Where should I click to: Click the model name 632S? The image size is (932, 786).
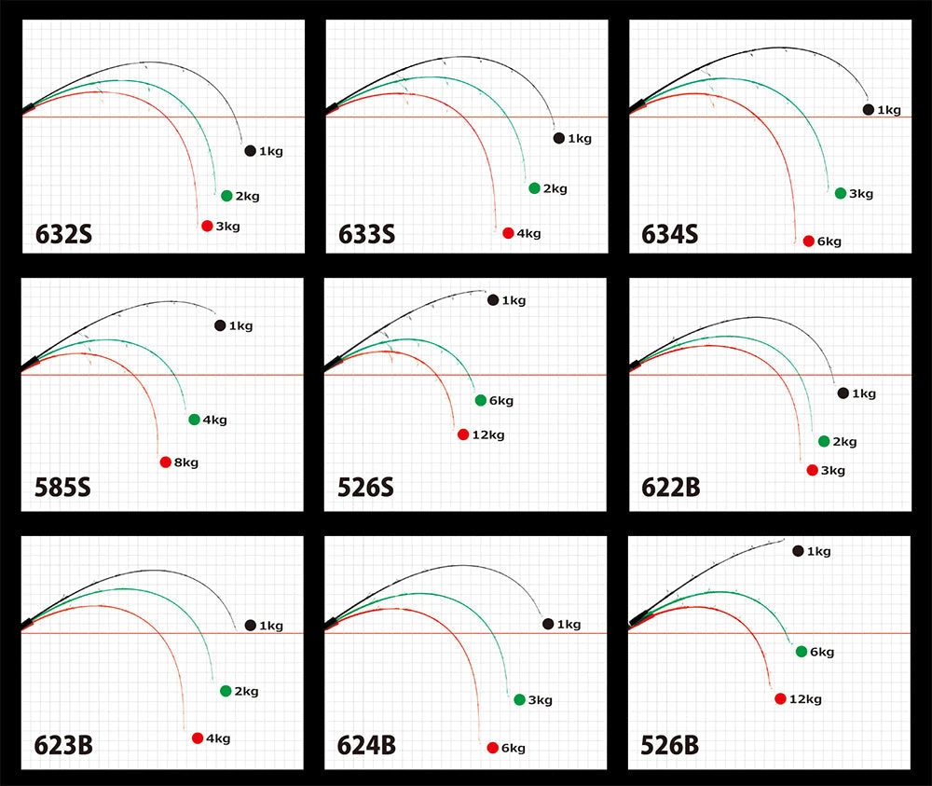(64, 233)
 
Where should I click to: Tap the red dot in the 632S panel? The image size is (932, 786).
(207, 226)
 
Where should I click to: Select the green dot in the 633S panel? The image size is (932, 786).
(534, 188)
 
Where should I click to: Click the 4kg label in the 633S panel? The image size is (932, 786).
(529, 233)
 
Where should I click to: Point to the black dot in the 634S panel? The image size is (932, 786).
(869, 110)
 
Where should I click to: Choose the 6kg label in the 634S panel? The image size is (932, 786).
(829, 241)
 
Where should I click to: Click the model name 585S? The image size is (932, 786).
(64, 490)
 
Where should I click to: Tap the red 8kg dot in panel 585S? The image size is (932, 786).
(166, 462)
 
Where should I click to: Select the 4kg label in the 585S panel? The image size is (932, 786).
(215, 420)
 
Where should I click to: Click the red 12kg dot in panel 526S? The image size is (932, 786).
(463, 434)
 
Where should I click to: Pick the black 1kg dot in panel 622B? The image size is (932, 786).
(843, 393)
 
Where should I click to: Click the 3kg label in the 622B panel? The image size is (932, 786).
(833, 471)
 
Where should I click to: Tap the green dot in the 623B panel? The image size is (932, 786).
(226, 691)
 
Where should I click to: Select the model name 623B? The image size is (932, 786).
(64, 747)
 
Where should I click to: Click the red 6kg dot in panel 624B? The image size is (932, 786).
(492, 748)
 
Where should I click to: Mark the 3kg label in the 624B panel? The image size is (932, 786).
(541, 700)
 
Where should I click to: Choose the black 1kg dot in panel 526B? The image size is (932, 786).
(798, 551)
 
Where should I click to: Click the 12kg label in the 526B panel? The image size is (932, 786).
(805, 699)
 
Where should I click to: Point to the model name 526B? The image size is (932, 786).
(670, 747)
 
